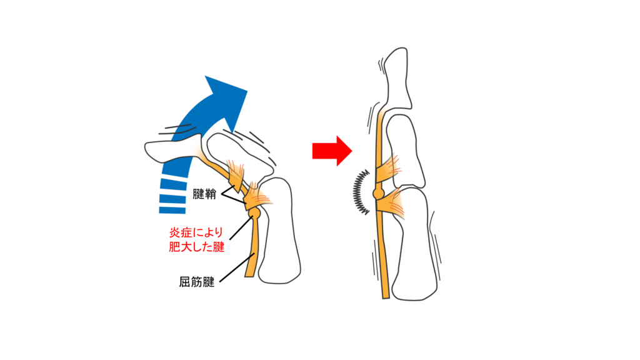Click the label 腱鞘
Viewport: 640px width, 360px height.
(204, 194)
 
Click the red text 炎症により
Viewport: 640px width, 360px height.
(196, 233)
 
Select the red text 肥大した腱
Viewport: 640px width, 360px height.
(197, 247)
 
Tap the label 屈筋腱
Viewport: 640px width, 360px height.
(197, 282)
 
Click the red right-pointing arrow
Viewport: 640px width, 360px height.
(332, 151)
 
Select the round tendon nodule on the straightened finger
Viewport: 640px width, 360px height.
(379, 192)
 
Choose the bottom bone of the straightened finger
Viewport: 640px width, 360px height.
(412, 245)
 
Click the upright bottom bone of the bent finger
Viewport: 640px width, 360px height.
(281, 231)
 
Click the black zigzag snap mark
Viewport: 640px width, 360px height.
(361, 192)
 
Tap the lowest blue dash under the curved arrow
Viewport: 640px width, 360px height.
(172, 210)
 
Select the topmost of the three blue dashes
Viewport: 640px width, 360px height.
(174, 183)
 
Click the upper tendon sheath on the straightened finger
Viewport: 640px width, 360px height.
(387, 168)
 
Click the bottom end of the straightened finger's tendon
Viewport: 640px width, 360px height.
(386, 298)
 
